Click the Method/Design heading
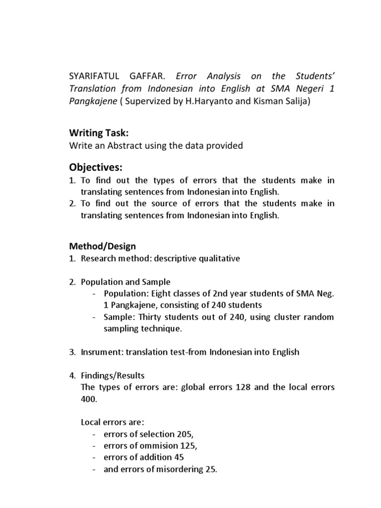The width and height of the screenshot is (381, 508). tap(102, 246)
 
